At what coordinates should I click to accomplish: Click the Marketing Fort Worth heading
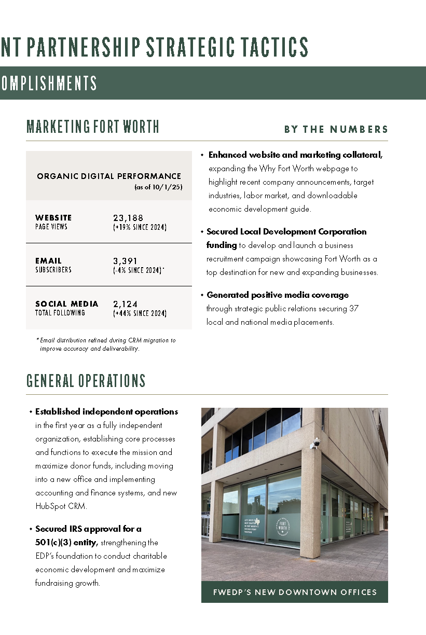click(93, 127)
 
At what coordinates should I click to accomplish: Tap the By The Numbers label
click(336, 130)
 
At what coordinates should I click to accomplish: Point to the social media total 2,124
click(125, 304)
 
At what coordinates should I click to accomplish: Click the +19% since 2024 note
click(140, 227)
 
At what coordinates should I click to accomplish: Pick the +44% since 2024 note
click(140, 313)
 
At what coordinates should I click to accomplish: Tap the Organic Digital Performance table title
click(109, 176)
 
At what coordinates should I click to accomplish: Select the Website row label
click(53, 218)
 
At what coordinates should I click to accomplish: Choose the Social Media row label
click(66, 304)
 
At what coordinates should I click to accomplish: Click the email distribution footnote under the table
click(106, 344)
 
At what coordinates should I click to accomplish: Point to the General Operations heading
click(86, 381)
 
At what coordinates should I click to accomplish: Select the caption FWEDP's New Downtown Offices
click(295, 592)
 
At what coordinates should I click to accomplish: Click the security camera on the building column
click(315, 444)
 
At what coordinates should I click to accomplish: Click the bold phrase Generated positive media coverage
click(278, 295)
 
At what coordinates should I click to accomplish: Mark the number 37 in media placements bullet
click(354, 308)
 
